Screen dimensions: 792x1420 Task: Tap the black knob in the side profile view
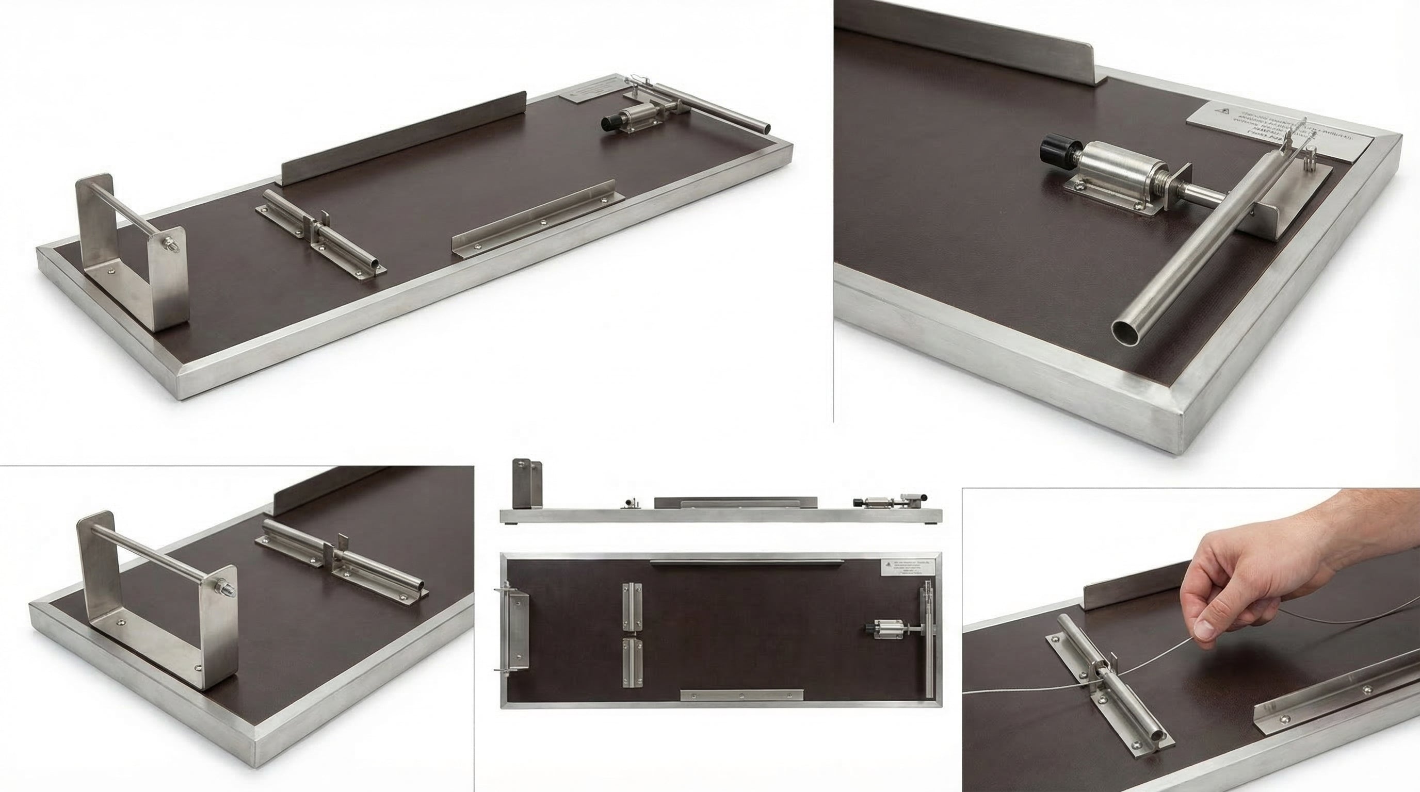tap(859, 502)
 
